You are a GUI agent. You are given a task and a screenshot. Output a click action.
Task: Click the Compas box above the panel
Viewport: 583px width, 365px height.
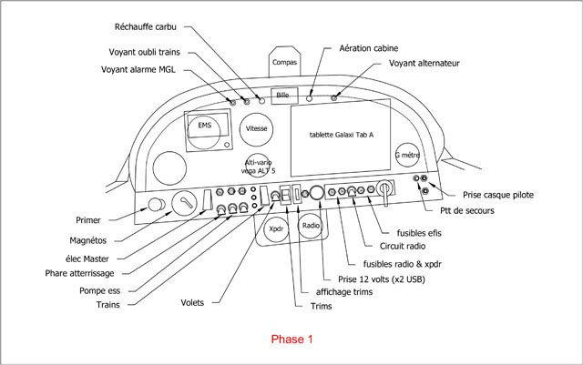coord(284,64)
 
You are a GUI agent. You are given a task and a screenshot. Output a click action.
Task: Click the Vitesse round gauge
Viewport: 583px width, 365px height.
coord(256,130)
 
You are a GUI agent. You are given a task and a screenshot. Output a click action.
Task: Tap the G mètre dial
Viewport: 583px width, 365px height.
coord(406,156)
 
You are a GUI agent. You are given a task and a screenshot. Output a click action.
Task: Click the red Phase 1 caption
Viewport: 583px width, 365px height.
coord(291,339)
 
